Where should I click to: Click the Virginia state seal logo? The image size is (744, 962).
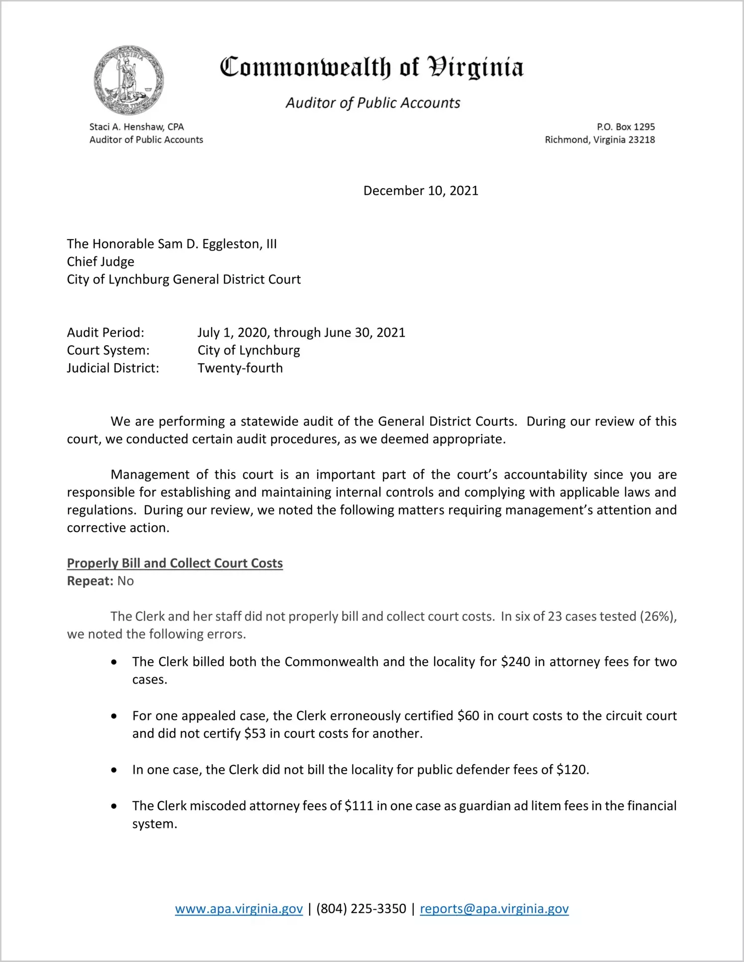click(128, 80)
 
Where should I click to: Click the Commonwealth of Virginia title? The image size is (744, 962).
click(372, 67)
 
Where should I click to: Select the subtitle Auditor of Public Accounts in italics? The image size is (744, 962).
click(372, 103)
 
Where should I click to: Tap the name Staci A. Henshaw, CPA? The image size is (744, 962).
click(136, 127)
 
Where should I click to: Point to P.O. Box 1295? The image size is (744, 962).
click(625, 127)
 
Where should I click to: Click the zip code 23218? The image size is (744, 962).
click(641, 139)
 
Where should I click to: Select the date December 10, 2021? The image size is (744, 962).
click(421, 190)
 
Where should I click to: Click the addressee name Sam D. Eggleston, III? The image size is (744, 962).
click(217, 244)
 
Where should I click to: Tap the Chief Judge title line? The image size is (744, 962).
click(101, 262)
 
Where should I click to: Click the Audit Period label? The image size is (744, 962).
click(106, 332)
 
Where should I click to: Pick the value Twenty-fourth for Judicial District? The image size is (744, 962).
click(240, 368)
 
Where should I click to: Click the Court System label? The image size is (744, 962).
click(108, 350)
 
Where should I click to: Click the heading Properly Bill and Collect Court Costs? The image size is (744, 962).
click(175, 563)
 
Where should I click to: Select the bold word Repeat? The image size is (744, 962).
click(90, 581)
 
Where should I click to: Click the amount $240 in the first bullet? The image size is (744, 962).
click(515, 662)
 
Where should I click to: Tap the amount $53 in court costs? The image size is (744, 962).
click(255, 733)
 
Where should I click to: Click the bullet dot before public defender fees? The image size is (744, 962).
click(115, 770)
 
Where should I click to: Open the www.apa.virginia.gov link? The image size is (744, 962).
click(239, 909)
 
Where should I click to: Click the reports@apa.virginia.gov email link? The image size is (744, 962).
click(494, 909)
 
